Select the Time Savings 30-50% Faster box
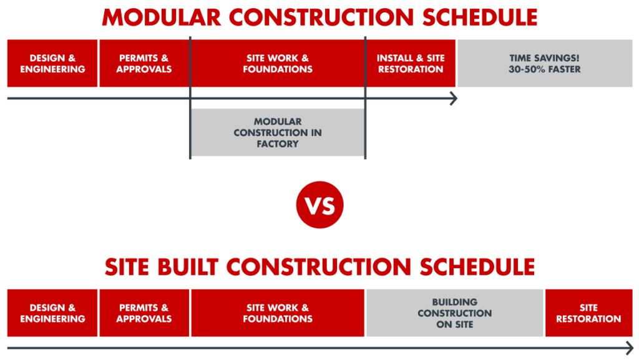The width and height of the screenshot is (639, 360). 545,63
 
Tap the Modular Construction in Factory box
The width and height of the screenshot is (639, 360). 277,132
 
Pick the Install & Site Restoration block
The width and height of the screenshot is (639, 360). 411,63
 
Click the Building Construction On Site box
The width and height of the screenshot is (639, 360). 454,313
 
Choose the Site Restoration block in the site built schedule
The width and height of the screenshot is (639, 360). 588,313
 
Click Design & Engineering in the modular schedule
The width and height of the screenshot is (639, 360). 52,63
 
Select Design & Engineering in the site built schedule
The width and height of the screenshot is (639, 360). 52,313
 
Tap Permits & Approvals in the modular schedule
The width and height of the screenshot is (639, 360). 144,63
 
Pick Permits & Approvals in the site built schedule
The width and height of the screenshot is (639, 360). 144,313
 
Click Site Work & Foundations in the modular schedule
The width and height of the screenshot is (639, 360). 277,63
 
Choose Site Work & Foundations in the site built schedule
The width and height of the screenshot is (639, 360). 277,313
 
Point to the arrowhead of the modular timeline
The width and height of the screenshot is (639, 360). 454,99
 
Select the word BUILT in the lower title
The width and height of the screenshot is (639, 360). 187,266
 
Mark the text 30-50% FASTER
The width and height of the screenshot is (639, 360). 545,69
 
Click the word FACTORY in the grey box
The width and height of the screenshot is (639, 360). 277,144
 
